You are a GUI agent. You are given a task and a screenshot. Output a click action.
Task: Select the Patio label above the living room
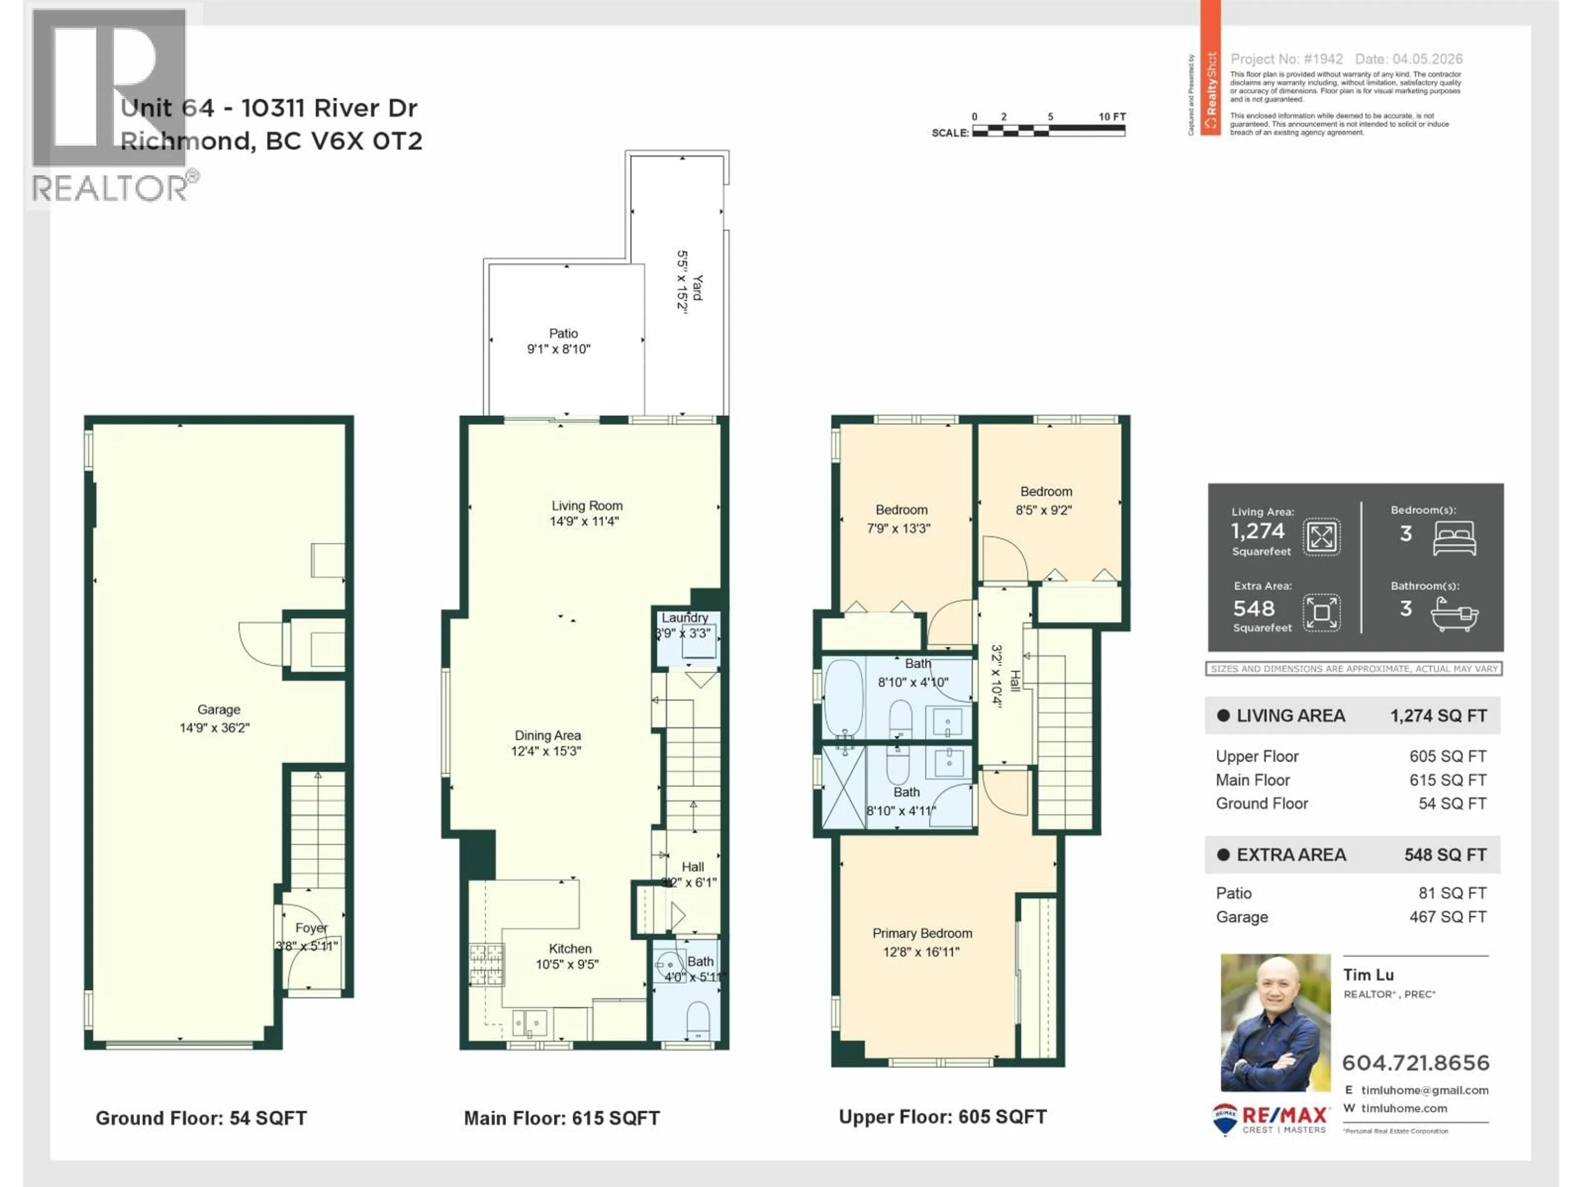[x=563, y=333]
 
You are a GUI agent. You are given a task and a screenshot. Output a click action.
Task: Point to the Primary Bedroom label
[x=922, y=933]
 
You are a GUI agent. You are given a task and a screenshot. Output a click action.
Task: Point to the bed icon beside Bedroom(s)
[x=1454, y=538]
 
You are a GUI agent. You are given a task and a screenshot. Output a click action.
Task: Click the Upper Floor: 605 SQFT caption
[x=942, y=1117]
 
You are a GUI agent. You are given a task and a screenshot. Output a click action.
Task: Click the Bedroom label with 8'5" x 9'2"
[x=1045, y=492]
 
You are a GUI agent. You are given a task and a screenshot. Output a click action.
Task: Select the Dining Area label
[x=547, y=735]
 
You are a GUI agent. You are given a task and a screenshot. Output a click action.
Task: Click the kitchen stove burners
[x=486, y=963]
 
